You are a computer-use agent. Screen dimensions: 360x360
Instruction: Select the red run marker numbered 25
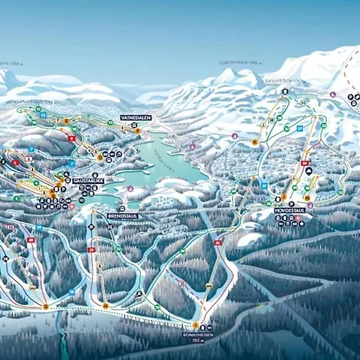(x=217, y=242)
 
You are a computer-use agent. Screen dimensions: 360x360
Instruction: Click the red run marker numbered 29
(x=91, y=250)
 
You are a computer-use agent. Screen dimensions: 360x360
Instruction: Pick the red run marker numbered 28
(x=31, y=239)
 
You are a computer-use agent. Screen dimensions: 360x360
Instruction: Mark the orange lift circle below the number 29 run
(x=106, y=305)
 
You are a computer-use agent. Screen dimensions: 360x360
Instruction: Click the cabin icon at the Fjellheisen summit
(x=283, y=91)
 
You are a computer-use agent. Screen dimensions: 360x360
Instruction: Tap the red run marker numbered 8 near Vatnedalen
(x=71, y=138)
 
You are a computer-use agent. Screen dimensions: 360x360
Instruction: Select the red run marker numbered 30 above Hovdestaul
(x=305, y=163)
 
